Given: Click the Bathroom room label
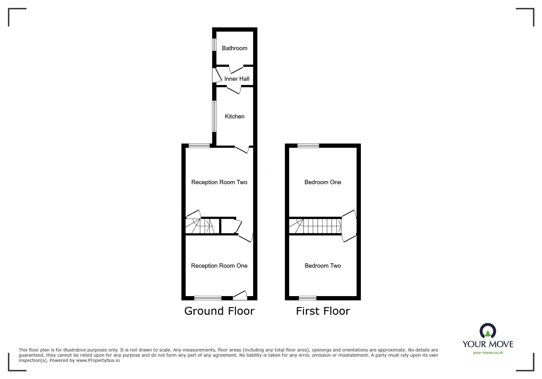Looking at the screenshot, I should (x=234, y=48).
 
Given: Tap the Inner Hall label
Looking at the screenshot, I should (x=237, y=79).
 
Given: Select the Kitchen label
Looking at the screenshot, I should (x=234, y=116).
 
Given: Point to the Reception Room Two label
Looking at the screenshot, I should (x=219, y=182).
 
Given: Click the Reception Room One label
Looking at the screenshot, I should (x=219, y=266).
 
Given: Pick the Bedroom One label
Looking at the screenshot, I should (x=323, y=182).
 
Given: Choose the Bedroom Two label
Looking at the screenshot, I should (x=323, y=266).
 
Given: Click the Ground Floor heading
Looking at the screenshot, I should (x=219, y=311).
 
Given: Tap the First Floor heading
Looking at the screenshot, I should (x=323, y=311).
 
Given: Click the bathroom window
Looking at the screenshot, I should (x=215, y=44).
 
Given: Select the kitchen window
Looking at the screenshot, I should (x=215, y=116).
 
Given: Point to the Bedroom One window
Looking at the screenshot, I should (x=308, y=146).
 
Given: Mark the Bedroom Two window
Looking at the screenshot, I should (x=308, y=298).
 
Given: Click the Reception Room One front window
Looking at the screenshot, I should (x=208, y=298).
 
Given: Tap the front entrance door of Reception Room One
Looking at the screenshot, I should (x=240, y=295).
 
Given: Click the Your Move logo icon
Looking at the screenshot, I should (x=488, y=331).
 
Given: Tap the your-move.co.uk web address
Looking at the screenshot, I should (x=488, y=352).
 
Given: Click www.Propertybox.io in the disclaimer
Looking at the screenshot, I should (x=98, y=360).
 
